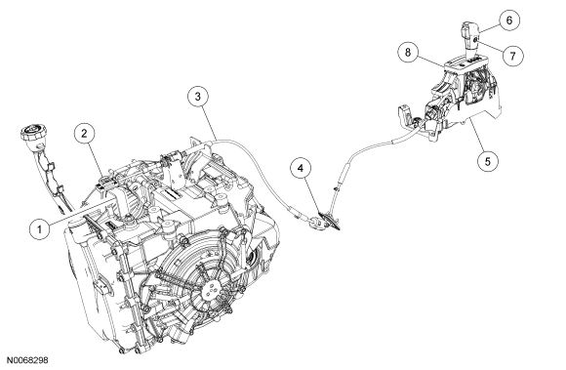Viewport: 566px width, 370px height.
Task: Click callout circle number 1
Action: [39, 228]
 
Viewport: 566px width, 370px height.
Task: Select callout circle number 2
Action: [85, 134]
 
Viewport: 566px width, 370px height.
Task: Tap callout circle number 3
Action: [198, 97]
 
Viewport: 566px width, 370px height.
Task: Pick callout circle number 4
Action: [301, 168]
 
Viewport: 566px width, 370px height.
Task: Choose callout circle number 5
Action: [488, 161]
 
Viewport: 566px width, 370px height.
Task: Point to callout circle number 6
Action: [509, 21]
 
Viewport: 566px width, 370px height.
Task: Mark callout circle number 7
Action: [512, 56]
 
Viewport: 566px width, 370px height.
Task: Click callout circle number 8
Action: [408, 53]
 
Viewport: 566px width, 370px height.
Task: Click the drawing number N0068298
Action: [27, 360]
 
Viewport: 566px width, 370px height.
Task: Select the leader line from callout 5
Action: [476, 136]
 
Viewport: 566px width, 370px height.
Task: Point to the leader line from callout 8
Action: [432, 61]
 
